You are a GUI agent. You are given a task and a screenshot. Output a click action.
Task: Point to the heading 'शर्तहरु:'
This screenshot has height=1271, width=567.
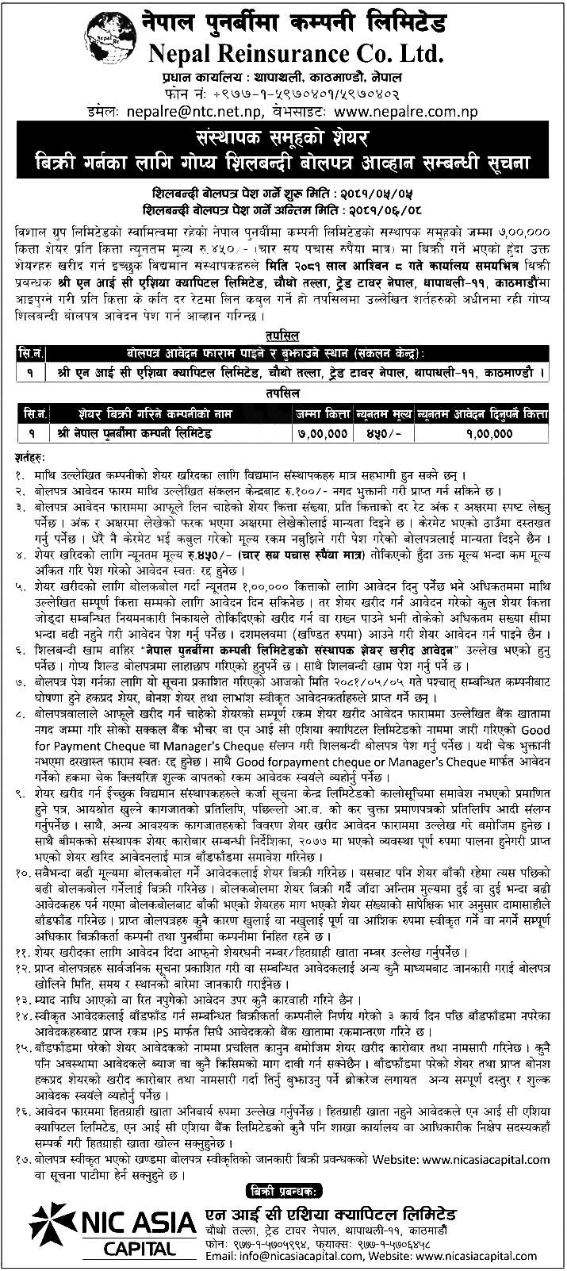pos(31,458)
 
